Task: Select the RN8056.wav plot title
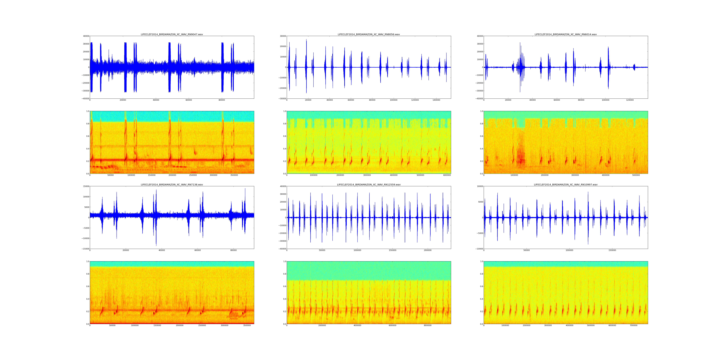[x=369, y=34]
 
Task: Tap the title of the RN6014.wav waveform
[x=565, y=34]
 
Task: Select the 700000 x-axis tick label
[x=634, y=325]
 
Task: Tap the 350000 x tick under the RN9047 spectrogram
[x=234, y=175]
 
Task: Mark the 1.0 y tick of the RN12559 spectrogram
[x=284, y=261]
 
